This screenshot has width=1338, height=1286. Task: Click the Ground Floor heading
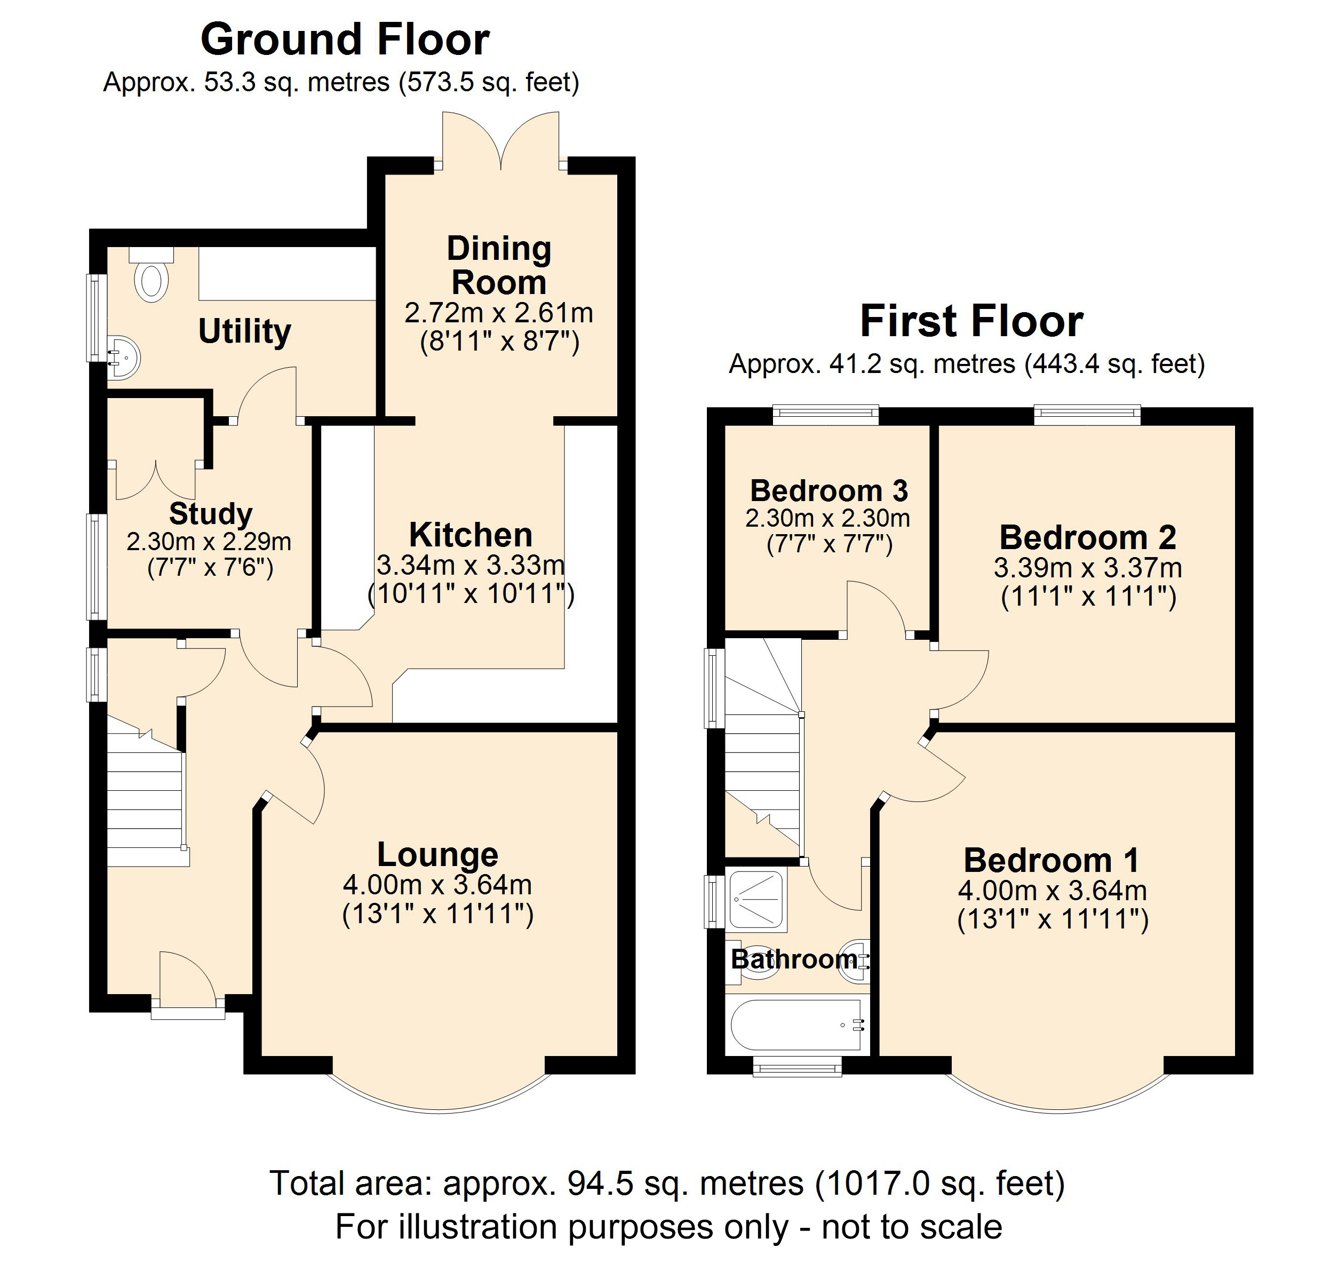tap(345, 39)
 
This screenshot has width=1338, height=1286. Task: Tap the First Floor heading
tap(971, 321)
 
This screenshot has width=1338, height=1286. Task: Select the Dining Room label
tap(499, 266)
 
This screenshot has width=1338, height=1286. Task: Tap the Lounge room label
tap(437, 854)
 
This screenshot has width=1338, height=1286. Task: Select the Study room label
tap(210, 513)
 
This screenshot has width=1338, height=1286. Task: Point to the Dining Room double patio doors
tap(501, 142)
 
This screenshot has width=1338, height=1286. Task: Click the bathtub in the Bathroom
tap(796, 1025)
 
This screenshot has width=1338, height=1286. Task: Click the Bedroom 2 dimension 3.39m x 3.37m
tap(1087, 568)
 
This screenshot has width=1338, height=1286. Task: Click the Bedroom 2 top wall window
tap(1087, 414)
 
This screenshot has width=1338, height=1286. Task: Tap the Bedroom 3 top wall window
tap(825, 414)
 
